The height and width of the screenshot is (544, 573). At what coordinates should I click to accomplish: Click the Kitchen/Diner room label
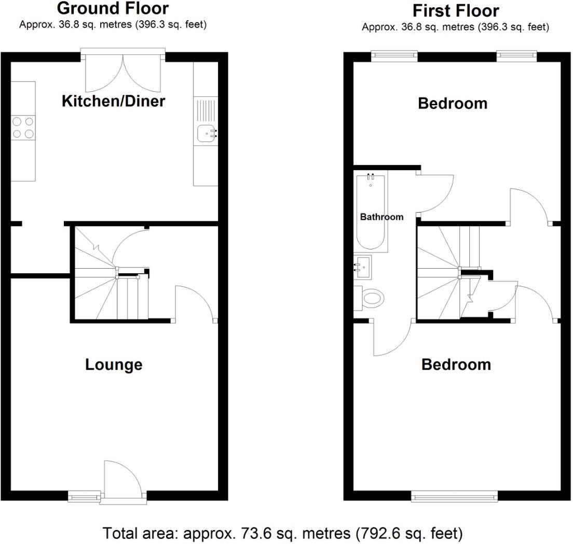(113, 101)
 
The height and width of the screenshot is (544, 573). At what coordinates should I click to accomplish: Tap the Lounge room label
(114, 365)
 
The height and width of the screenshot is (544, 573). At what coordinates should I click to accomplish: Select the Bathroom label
(381, 217)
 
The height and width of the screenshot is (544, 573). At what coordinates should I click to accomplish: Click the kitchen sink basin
(206, 134)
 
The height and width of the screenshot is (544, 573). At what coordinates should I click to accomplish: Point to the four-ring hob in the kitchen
(23, 127)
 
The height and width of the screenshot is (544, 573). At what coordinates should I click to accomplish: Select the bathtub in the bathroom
(371, 213)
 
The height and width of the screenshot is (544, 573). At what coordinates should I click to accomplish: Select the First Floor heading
(455, 10)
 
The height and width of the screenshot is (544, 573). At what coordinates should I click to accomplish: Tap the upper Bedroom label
(453, 103)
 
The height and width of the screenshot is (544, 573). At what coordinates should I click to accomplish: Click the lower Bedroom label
(456, 365)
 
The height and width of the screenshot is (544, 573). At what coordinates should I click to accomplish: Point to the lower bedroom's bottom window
(455, 497)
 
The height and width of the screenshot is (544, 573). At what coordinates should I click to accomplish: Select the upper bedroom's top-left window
(394, 55)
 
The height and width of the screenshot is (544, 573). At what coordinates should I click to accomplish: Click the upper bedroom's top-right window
(516, 55)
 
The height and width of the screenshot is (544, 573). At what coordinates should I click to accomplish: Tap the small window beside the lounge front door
(84, 497)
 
